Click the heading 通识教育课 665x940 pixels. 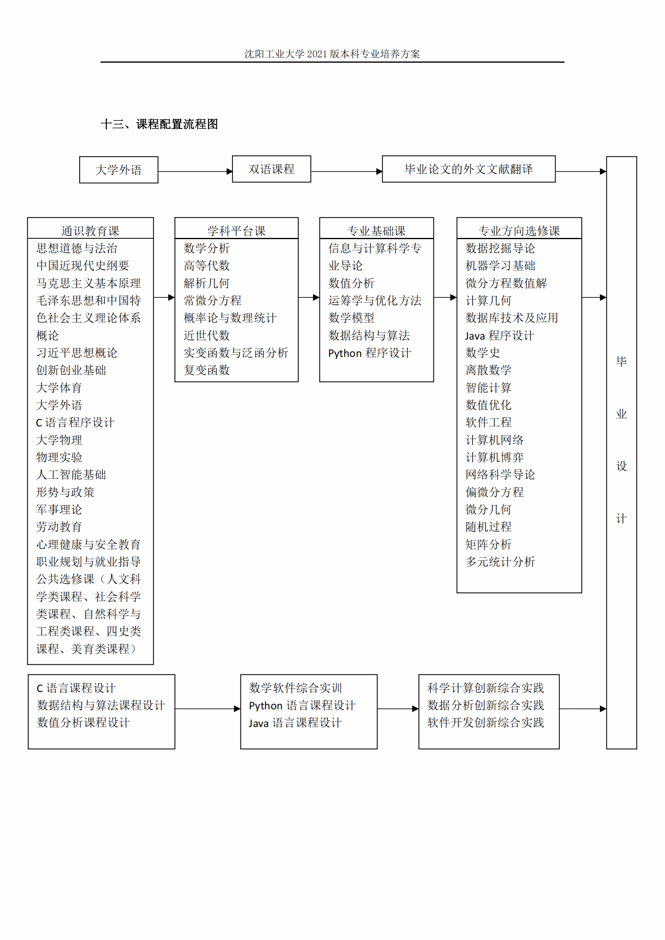pyautogui.click(x=90, y=231)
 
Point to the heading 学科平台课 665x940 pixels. pyautogui.click(x=236, y=231)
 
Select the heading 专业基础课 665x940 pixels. pyautogui.click(x=376, y=231)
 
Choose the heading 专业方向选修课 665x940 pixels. pyautogui.click(x=519, y=231)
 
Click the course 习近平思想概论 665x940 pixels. pyautogui.click(x=77, y=353)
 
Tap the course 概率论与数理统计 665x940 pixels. pyautogui.click(x=230, y=318)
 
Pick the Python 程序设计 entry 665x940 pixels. pyautogui.click(x=369, y=353)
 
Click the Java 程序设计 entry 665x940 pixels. pyautogui.click(x=500, y=336)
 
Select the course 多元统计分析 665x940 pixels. pyautogui.click(x=500, y=562)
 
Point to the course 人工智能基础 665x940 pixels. pyautogui.click(x=71, y=475)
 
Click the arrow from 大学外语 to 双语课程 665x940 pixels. pyautogui.click(x=195, y=172)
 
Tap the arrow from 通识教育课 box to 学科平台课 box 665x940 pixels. pyautogui.click(x=164, y=297)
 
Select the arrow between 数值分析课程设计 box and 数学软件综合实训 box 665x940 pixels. pyautogui.click(x=207, y=709)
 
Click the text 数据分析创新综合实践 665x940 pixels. pyautogui.click(x=486, y=705)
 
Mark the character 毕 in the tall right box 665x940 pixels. pyautogui.click(x=621, y=362)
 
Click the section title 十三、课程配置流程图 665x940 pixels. pyautogui.click(x=159, y=124)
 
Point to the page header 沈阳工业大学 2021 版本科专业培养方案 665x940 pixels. pyautogui.click(x=332, y=53)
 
